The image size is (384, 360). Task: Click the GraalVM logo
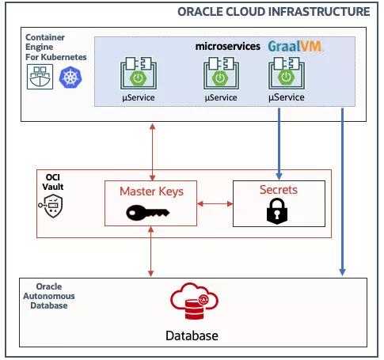295,47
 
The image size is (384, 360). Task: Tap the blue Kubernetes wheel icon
70,78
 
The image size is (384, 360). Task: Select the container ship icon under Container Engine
40,77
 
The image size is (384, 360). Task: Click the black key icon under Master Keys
148,212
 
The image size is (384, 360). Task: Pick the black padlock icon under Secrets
277,211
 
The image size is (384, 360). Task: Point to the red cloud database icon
194,301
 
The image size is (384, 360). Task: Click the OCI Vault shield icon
51,206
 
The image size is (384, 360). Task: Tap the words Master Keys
151,191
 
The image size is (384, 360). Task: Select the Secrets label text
279,190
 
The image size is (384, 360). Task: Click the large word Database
192,335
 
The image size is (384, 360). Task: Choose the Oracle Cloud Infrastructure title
274,12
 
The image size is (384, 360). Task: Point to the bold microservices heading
228,47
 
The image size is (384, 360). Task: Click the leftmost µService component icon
139,73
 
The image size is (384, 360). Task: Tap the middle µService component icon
221,73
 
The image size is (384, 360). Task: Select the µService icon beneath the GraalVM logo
287,73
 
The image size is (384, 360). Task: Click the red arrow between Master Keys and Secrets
215,203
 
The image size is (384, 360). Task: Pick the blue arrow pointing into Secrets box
279,144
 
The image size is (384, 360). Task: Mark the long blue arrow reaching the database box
342,192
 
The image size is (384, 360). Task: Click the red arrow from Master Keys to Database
150,252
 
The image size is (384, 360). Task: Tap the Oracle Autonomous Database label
49,296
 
